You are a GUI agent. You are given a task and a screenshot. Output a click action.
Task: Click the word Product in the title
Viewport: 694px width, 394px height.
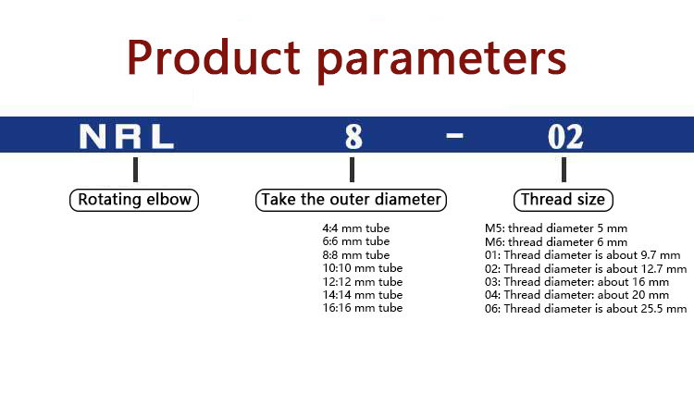[214, 57]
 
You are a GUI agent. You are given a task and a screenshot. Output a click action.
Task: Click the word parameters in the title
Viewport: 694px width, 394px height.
[442, 61]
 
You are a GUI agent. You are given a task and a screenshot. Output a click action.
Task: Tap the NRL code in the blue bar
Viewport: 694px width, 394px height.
[127, 136]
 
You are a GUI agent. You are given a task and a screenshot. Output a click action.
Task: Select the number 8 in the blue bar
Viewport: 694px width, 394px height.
[353, 136]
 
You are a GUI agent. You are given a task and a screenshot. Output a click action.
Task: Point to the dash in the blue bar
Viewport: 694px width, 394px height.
[454, 135]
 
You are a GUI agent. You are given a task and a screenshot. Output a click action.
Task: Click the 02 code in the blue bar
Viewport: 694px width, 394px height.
[565, 137]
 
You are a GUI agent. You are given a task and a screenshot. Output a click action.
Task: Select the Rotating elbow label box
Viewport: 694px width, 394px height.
[134, 200]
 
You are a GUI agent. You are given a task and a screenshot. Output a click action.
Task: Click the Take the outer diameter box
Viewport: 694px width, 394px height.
[351, 200]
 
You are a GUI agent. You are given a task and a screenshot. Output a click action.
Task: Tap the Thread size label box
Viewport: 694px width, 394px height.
[563, 200]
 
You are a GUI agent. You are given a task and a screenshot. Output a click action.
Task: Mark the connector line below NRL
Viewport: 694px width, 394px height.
[135, 169]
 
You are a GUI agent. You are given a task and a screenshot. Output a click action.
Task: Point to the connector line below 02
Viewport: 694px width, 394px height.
[564, 169]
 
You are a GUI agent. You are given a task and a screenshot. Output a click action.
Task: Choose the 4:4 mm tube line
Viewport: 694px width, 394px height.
[356, 228]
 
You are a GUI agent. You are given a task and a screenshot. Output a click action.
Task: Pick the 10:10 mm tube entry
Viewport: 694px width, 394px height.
[363, 268]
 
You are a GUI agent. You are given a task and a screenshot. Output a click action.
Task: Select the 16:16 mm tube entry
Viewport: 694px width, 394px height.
[363, 308]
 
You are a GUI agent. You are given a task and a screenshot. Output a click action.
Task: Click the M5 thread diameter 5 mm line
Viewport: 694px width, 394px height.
[556, 228]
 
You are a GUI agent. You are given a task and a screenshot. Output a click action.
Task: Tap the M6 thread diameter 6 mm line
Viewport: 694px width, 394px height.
[556, 242]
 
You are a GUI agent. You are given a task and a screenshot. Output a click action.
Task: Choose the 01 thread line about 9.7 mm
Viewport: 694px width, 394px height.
[582, 255]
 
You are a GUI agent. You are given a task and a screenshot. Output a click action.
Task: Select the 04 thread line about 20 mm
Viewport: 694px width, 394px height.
[576, 295]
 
